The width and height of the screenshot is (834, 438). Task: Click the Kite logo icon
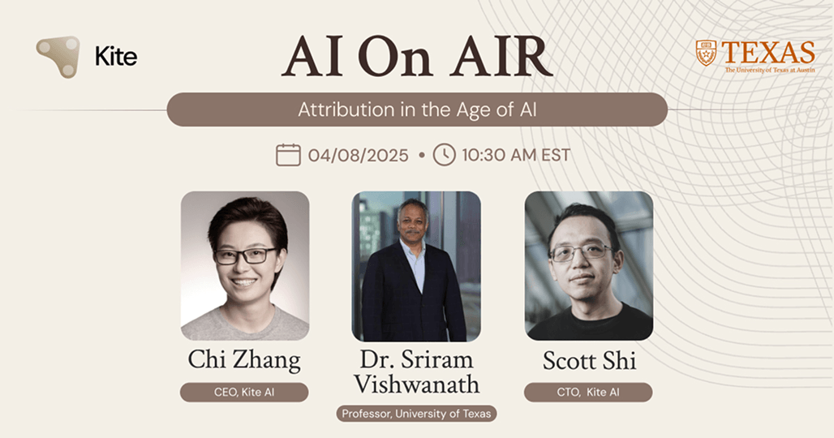pos(58,56)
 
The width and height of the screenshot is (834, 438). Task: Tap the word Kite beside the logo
pos(116,57)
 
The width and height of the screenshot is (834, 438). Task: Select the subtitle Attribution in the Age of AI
pos(416,109)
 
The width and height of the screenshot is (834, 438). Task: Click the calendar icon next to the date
pos(288,154)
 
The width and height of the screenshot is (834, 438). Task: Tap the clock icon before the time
pos(444,154)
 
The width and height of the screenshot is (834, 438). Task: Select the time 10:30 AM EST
pos(516,155)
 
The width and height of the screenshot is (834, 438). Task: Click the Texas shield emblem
pos(706,53)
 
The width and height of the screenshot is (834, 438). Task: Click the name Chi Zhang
pos(244,360)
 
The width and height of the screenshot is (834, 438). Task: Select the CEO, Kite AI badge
pos(244,393)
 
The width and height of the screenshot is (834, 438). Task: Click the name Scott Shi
pos(588,360)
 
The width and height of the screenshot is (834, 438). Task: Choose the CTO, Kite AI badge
pos(588,393)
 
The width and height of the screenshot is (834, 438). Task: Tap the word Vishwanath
pos(416,384)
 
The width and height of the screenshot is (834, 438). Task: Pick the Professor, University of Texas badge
pos(416,414)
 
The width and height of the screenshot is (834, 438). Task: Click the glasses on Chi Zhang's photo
pos(245,255)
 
